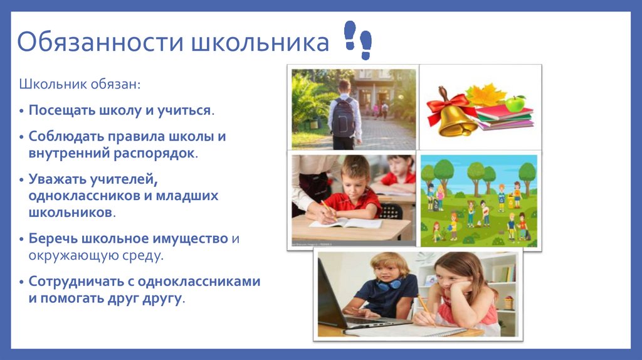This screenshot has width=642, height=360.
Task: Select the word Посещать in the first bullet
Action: [x=60, y=110]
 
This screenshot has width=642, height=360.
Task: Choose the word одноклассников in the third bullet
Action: [x=82, y=196]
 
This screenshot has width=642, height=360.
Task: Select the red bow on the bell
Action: [x=447, y=103]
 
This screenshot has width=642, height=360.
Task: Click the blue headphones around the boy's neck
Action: [x=389, y=285]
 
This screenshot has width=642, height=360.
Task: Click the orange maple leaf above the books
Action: [x=484, y=95]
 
